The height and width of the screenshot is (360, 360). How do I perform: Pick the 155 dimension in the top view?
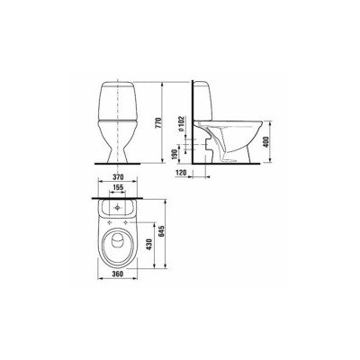coord(120,191)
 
